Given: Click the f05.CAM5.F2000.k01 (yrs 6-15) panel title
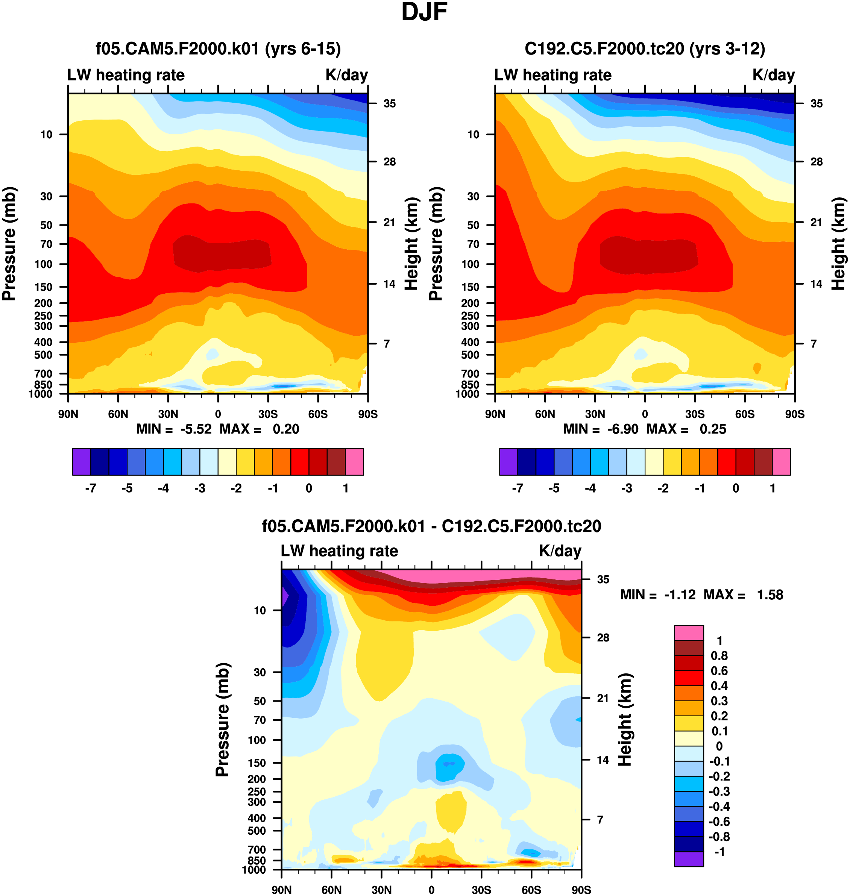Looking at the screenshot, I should tap(218, 49).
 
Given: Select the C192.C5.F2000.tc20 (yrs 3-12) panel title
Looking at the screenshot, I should tap(645, 49).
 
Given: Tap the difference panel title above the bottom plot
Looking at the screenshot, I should tap(431, 526).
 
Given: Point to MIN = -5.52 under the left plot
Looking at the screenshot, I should tap(174, 429).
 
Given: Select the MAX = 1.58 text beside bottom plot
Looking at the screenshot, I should tap(743, 594).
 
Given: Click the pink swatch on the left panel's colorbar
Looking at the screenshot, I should tap(354, 462).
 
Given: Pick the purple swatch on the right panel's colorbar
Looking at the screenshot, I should tap(508, 462).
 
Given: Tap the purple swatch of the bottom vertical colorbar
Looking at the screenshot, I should tap(689, 859).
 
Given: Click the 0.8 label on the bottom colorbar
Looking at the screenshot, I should tap(719, 655).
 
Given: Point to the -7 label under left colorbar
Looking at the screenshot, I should tap(91, 488).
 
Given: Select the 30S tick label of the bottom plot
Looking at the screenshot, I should tap(481, 890).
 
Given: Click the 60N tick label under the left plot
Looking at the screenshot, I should tap(118, 414).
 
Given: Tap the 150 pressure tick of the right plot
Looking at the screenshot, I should tap(470, 287).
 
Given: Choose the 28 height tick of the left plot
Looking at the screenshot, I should tap(389, 162).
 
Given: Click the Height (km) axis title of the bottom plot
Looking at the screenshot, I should tap(625, 719).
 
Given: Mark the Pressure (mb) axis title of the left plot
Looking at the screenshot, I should tap(9, 244).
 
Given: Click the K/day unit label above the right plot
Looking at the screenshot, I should tap(773, 75).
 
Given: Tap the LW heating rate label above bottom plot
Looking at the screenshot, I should tap(339, 550).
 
